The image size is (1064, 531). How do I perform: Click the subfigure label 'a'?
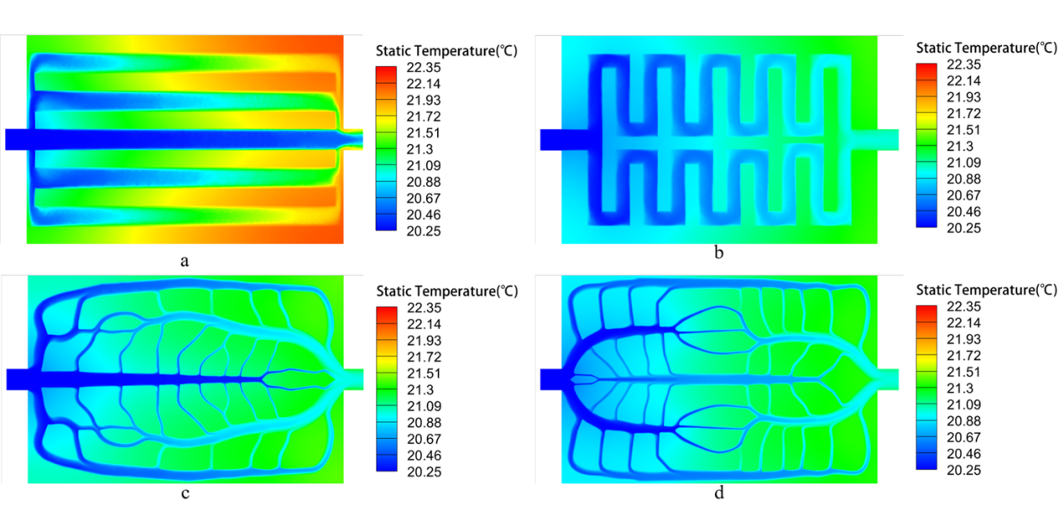pyautogui.click(x=185, y=261)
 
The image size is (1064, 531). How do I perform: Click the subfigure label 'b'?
pyautogui.click(x=718, y=252)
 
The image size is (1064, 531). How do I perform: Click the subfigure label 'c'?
pyautogui.click(x=185, y=493)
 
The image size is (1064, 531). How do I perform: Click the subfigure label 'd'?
pyautogui.click(x=719, y=492)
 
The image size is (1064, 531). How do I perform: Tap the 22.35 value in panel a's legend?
pyautogui.click(x=423, y=67)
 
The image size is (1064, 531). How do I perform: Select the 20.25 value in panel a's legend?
pyautogui.click(x=423, y=232)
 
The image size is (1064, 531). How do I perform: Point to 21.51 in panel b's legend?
pyautogui.click(x=963, y=130)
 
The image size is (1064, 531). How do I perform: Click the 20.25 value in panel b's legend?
pyautogui.click(x=963, y=228)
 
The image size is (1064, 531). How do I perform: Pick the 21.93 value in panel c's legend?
pyautogui.click(x=424, y=341)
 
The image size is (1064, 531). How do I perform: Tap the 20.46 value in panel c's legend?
pyautogui.click(x=424, y=456)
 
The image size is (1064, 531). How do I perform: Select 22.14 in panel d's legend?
pyautogui.click(x=963, y=323)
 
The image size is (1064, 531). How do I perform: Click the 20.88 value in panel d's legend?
pyautogui.click(x=963, y=421)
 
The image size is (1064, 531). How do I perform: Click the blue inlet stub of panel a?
pyautogui.click(x=16, y=139)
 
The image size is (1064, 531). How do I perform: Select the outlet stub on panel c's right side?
pyautogui.click(x=354, y=379)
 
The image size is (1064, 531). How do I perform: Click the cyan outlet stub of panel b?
pyautogui.click(x=888, y=139)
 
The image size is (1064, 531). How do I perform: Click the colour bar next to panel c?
pyautogui.click(x=386, y=389)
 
